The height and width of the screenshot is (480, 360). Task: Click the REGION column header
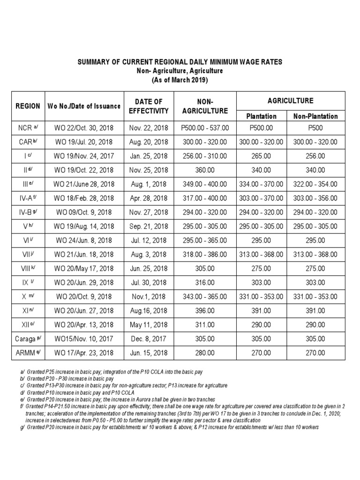[x=28, y=106]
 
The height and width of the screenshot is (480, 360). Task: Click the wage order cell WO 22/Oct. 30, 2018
[x=84, y=127]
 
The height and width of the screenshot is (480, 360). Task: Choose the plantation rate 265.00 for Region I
[x=261, y=156]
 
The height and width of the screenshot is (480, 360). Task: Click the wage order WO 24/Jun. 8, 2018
[x=84, y=240]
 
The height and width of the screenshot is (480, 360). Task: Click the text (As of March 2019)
[x=180, y=80]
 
